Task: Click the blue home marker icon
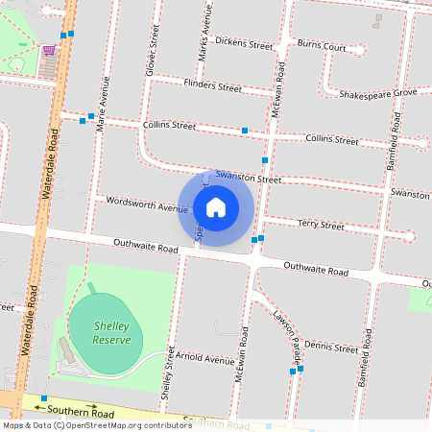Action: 216,207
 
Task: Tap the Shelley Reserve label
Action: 111,333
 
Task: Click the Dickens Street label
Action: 244,43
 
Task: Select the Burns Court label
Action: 322,45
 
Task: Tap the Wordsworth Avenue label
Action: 147,205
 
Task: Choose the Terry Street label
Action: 321,226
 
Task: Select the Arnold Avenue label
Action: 207,360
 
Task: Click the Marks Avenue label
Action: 203,36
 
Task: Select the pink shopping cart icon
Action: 48,51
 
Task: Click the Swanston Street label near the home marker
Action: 249,178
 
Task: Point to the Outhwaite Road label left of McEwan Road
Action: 146,249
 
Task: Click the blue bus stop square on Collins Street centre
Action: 245,130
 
